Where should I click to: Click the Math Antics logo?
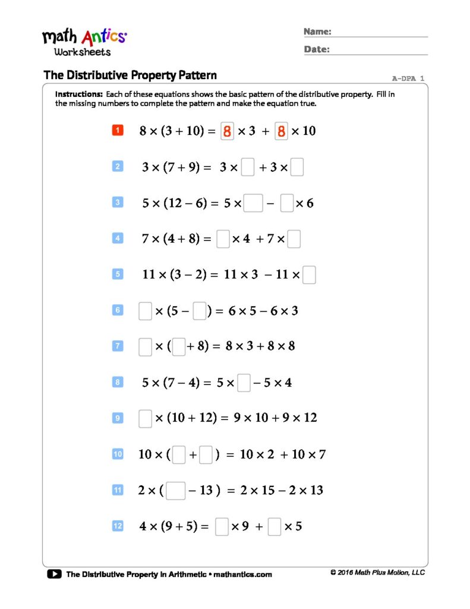[84, 42]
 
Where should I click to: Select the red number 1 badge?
[118, 130]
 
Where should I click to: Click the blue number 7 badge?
[118, 346]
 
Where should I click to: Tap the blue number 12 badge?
[118, 526]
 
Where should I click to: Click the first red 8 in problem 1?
[226, 131]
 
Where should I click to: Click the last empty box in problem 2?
[297, 168]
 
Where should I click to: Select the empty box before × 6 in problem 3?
[287, 203]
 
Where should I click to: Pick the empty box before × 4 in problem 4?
[223, 239]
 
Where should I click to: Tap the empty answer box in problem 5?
[309, 275]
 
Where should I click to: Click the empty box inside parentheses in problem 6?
[200, 311]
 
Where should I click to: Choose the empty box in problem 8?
[244, 383]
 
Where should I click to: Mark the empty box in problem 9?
[145, 419]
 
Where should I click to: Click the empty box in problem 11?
[175, 491]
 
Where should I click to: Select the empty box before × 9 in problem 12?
[222, 527]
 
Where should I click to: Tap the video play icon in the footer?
[54, 574]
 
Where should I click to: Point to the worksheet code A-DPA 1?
[408, 78]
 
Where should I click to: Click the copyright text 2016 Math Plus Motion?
[378, 573]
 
